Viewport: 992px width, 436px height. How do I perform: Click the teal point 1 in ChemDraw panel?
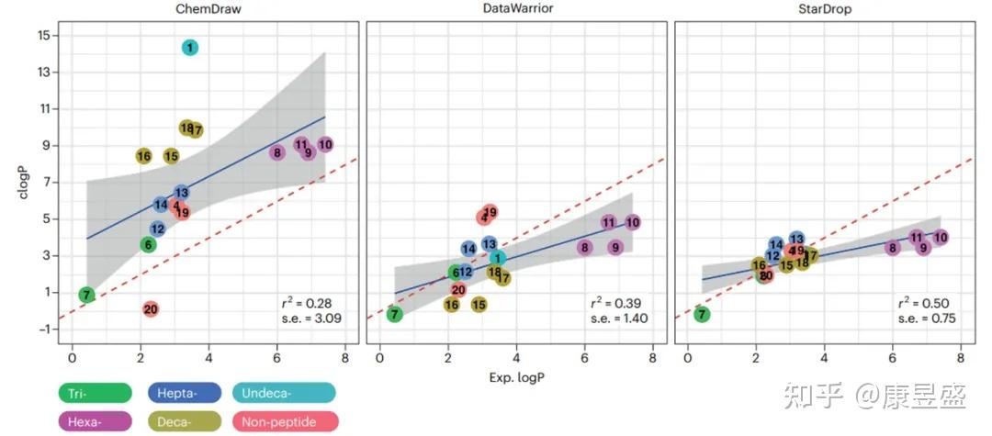[189, 47]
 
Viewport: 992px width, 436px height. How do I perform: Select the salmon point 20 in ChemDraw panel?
[151, 309]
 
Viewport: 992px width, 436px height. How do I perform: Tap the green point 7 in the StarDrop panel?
[703, 314]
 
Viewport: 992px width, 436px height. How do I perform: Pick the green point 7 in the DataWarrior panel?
[395, 314]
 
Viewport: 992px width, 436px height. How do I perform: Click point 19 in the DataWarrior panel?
[490, 212]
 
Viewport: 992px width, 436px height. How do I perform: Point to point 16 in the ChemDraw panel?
[143, 156]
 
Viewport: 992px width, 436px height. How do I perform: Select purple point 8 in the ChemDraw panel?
[276, 152]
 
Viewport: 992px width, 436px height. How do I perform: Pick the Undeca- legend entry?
[284, 394]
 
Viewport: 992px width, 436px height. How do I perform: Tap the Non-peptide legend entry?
[287, 421]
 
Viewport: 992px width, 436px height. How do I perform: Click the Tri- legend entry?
[94, 394]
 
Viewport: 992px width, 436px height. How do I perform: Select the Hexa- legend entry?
[94, 421]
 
